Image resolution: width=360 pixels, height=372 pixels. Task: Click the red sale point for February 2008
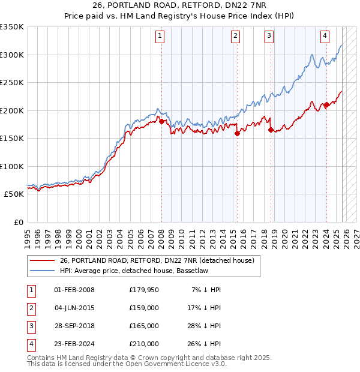[161, 122]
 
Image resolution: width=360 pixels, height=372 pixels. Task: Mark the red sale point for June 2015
[237, 134]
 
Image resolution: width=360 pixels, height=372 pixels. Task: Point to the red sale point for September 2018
[271, 130]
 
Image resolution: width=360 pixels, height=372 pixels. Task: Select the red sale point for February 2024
[326, 105]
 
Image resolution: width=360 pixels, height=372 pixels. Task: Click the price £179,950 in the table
[144, 290]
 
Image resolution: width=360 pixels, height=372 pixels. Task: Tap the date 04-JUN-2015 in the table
[74, 308]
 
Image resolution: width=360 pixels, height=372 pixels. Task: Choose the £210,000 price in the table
[144, 344]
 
